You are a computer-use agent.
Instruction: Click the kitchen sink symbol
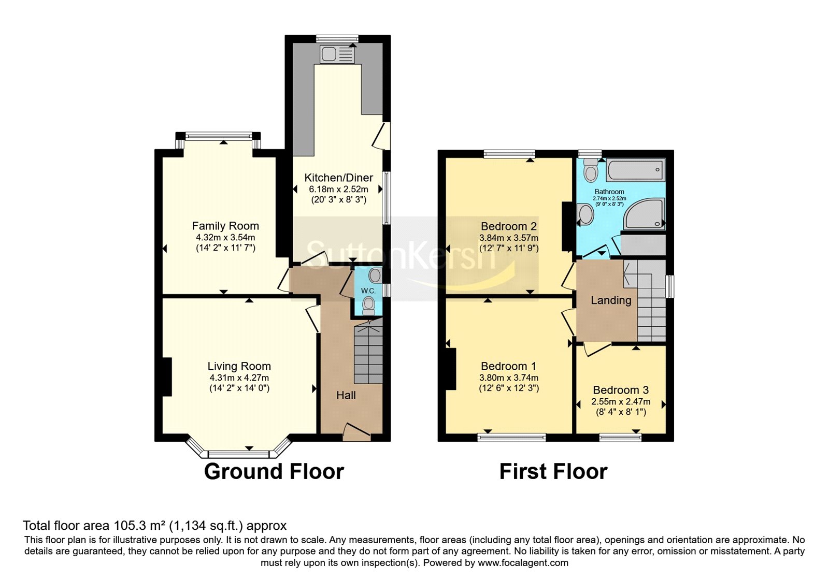click(x=337, y=54)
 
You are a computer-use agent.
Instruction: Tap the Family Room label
click(x=225, y=226)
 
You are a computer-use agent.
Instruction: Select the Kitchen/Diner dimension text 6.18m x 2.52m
click(x=339, y=189)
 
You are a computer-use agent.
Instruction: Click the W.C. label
click(x=368, y=291)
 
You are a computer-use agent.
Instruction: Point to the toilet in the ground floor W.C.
click(x=368, y=307)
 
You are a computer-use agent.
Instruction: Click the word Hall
click(x=346, y=395)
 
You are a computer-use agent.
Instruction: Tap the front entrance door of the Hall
click(x=357, y=432)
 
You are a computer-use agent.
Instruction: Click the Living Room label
click(x=239, y=366)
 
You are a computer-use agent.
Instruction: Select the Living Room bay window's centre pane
click(x=239, y=454)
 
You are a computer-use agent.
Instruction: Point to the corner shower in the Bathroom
click(x=645, y=214)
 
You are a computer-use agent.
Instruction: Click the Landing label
click(x=611, y=300)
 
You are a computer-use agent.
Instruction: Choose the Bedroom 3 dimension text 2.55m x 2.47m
click(x=621, y=401)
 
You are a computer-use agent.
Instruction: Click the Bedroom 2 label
click(x=509, y=226)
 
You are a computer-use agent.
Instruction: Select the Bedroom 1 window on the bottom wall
click(x=512, y=437)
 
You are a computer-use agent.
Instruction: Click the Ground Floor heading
click(x=274, y=472)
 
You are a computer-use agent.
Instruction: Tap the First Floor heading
click(x=553, y=472)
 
